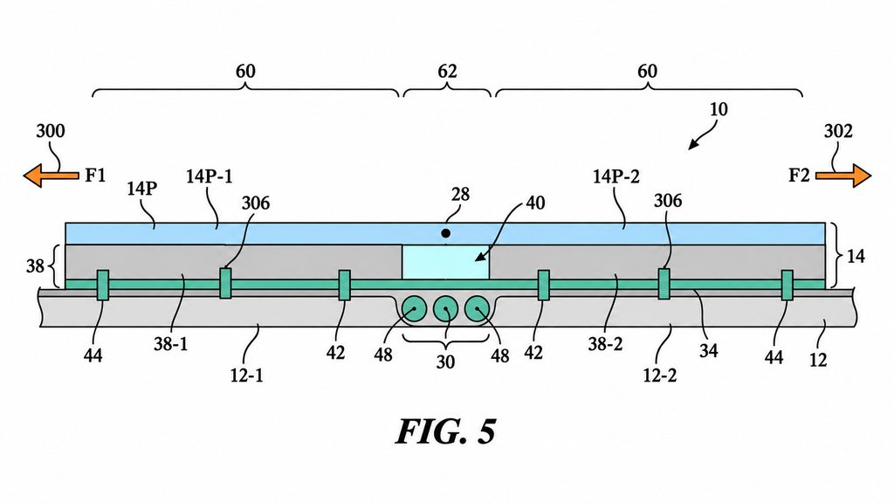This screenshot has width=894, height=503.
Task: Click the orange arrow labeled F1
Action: (51, 176)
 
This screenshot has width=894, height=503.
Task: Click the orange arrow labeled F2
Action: (843, 176)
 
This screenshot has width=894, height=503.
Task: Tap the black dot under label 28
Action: (446, 233)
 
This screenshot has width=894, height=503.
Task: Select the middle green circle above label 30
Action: (446, 310)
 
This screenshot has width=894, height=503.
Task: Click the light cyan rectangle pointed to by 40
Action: (445, 262)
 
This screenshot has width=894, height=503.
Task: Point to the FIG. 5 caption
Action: (446, 431)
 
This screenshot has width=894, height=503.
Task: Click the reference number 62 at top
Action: (447, 72)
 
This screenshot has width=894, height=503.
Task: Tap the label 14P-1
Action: (210, 176)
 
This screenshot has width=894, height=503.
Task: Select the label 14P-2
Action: (616, 176)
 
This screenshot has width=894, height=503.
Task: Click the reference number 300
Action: (50, 131)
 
